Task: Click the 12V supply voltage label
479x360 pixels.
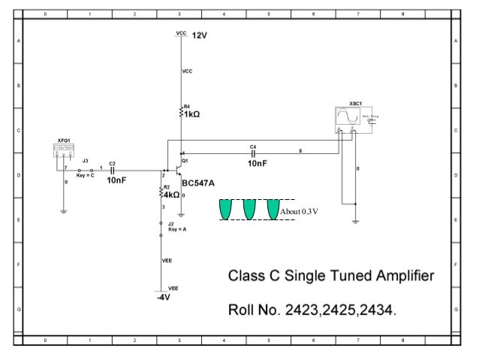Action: tap(199, 36)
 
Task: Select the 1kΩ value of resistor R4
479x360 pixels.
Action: tap(192, 115)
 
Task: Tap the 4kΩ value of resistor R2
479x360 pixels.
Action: tap(171, 195)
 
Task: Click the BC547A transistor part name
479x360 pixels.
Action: tap(198, 183)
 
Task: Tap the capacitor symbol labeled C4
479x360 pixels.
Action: tap(254, 153)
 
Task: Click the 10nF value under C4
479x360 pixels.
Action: tap(257, 162)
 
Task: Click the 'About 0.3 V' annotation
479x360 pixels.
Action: tap(300, 211)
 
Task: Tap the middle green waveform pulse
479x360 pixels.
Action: tap(249, 210)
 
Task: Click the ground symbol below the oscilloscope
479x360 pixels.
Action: tap(355, 221)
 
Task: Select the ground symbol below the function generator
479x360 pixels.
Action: tap(64, 211)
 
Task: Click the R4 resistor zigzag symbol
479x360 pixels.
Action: tap(180, 112)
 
